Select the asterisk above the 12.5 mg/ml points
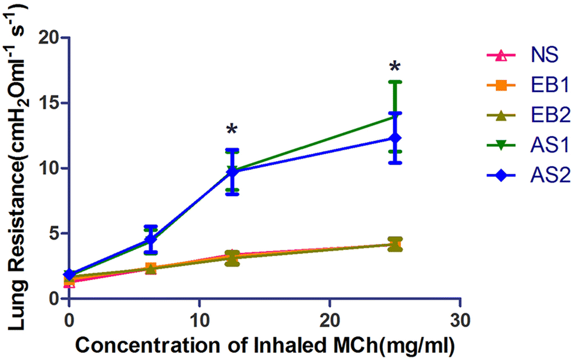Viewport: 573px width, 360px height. (x=232, y=130)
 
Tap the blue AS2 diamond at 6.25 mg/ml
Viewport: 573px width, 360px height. (x=150, y=240)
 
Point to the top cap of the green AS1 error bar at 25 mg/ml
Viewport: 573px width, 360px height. (x=395, y=82)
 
